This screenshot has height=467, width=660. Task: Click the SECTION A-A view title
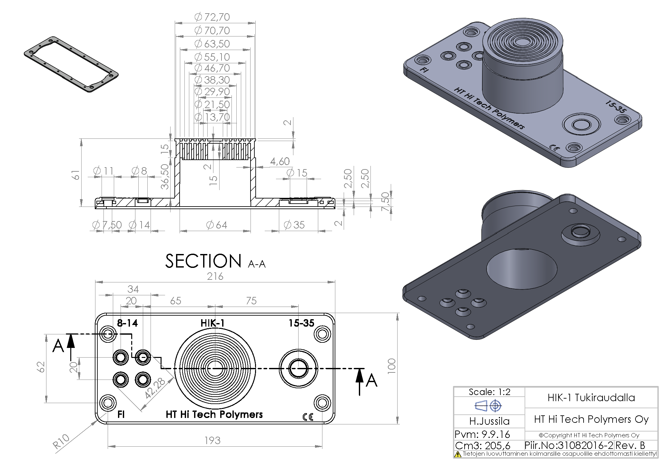click(x=215, y=261)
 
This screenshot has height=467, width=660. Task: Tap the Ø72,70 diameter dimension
click(x=212, y=17)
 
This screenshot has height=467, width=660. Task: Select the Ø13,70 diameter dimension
click(x=212, y=117)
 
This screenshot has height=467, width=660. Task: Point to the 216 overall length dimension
click(x=215, y=277)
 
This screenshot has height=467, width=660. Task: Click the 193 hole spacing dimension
click(x=212, y=441)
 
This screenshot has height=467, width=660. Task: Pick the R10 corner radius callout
click(x=61, y=441)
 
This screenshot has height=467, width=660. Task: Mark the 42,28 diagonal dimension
click(x=155, y=388)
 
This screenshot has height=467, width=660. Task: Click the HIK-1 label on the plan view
click(x=212, y=323)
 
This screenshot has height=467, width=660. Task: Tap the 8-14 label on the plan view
click(x=127, y=323)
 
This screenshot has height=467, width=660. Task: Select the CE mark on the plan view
click(x=308, y=417)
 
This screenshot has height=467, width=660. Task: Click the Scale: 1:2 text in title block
click(x=489, y=392)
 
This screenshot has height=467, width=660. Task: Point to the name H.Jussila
click(x=489, y=421)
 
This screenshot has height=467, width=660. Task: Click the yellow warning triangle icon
click(x=458, y=454)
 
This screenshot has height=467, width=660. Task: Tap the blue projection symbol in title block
click(x=488, y=406)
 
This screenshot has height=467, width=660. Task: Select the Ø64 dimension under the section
click(x=217, y=225)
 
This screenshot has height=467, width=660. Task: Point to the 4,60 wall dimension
click(x=280, y=161)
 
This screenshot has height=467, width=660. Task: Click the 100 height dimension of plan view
click(x=391, y=366)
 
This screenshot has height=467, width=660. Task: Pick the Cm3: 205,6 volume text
click(x=483, y=446)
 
